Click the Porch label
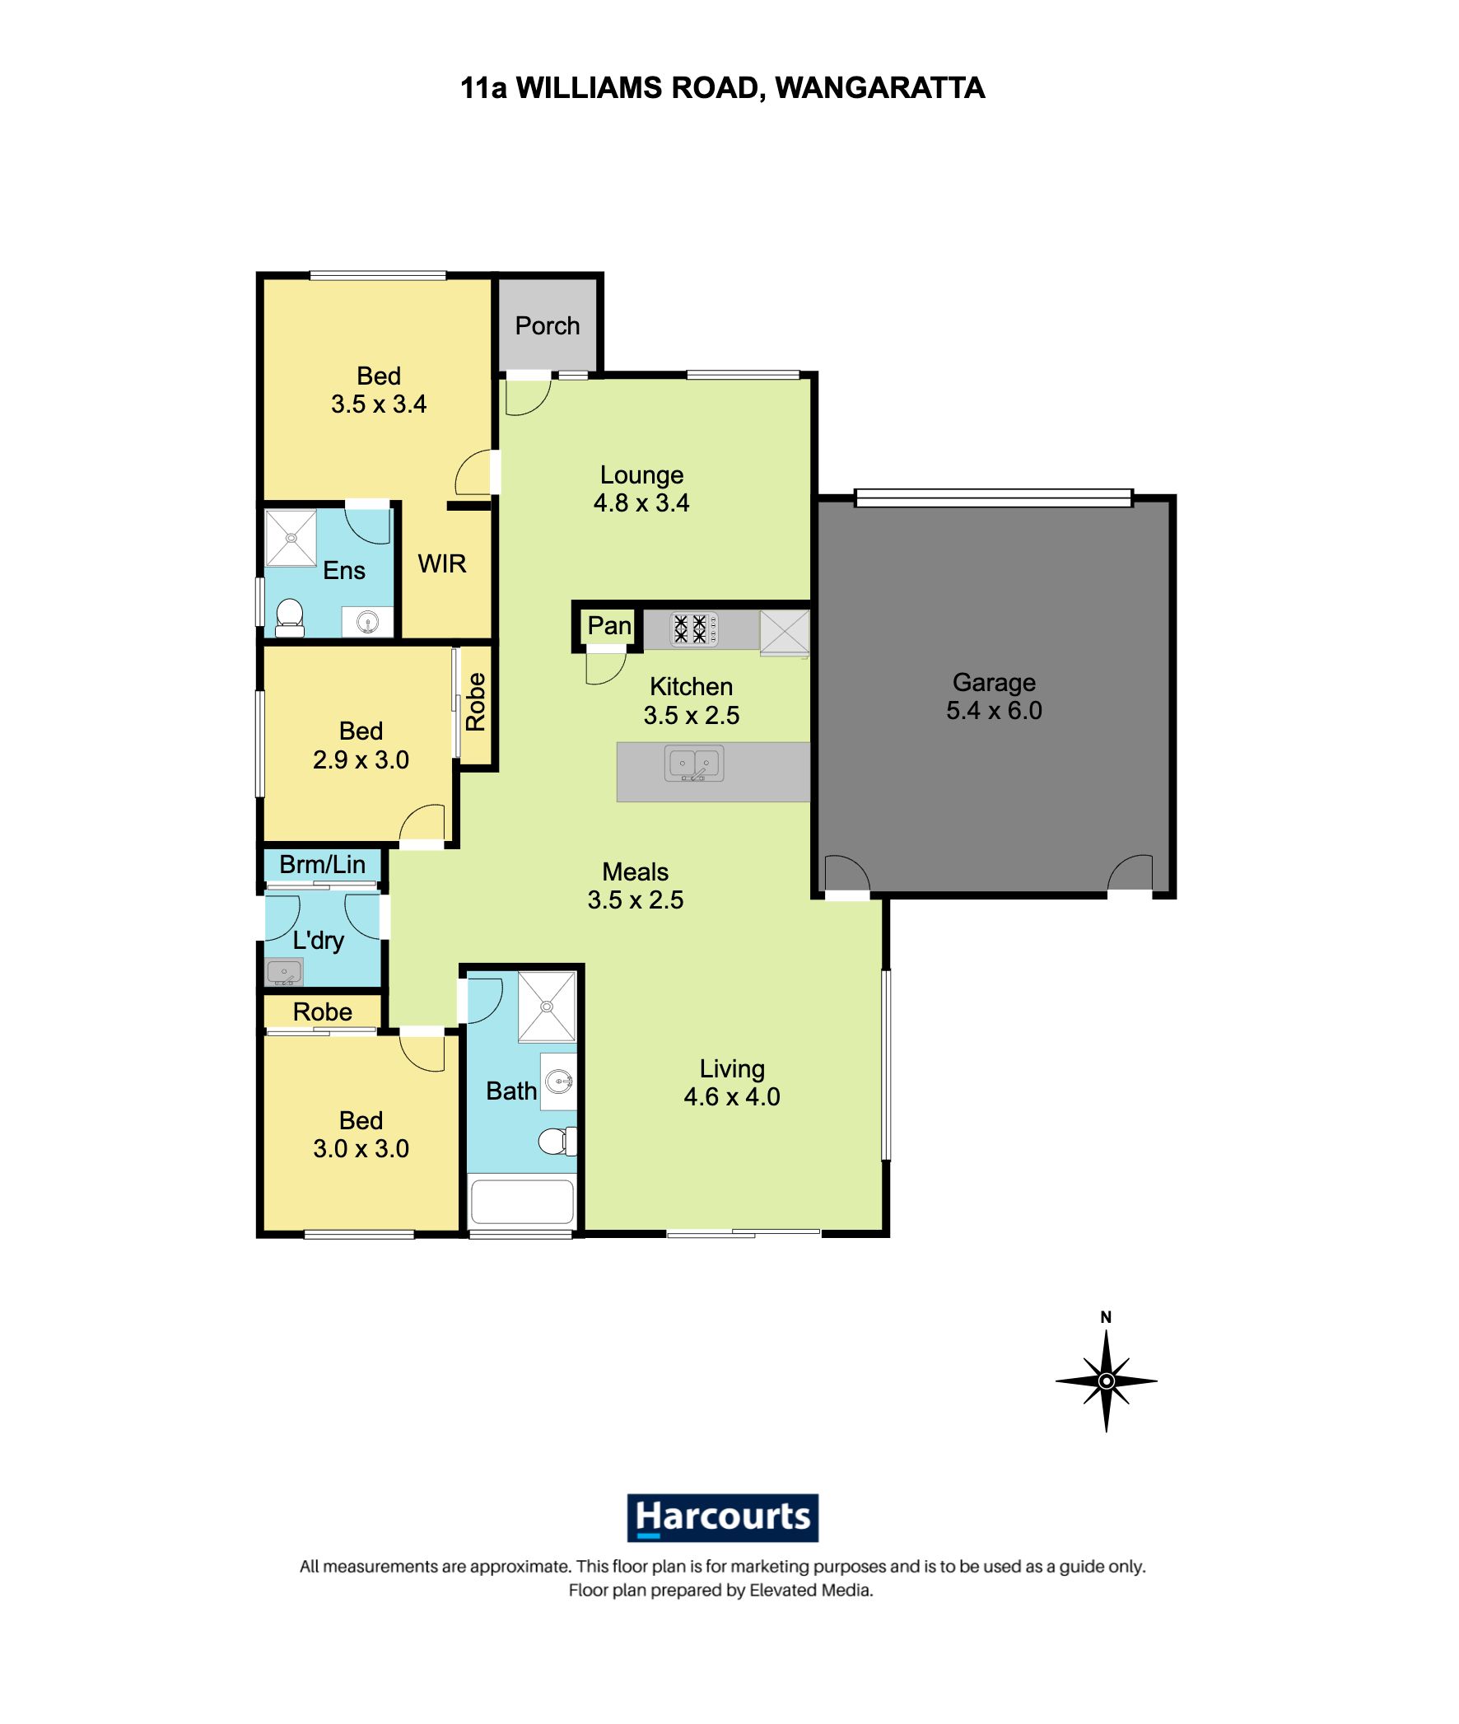point(547,326)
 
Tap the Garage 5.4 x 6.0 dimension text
point(993,711)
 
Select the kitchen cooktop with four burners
point(693,628)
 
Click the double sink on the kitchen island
point(694,764)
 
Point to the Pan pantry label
point(608,626)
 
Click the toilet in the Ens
point(289,617)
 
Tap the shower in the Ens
point(291,538)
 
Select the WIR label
point(441,564)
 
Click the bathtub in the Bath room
point(521,1203)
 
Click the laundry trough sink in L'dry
point(284,973)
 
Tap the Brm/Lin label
point(322,865)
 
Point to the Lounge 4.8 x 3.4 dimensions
point(641,503)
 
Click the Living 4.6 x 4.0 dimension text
point(731,1097)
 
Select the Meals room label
point(634,872)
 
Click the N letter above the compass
point(1106,1318)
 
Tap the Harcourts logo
point(722,1517)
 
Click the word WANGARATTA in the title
point(879,87)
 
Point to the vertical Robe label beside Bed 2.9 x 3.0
point(476,703)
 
